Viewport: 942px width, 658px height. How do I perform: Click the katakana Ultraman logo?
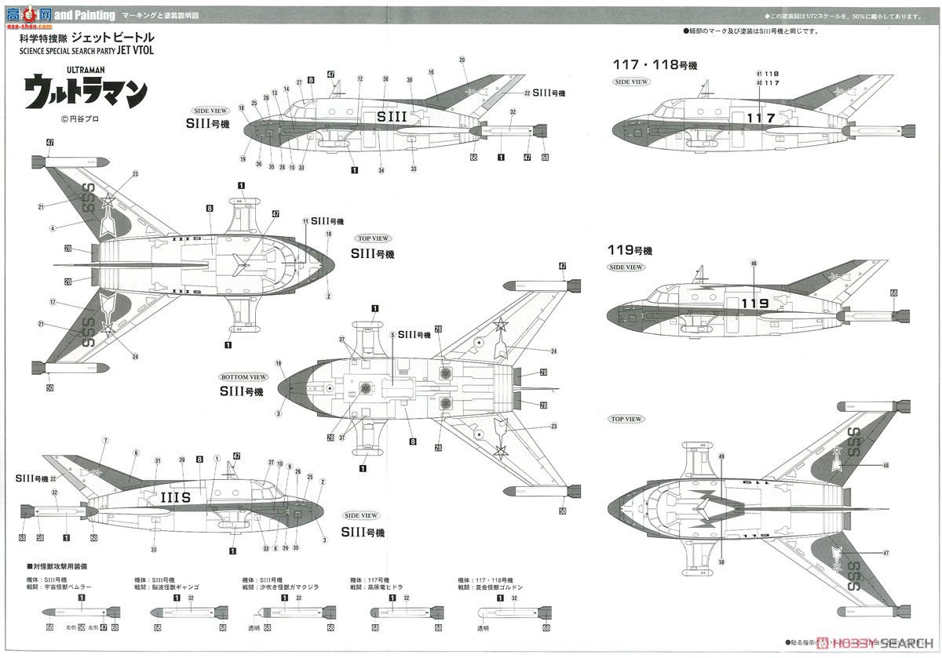click(86, 92)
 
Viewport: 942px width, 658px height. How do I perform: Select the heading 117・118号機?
click(652, 65)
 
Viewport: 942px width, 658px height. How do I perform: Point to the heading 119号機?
click(630, 251)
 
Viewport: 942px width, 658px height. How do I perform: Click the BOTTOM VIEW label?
click(244, 377)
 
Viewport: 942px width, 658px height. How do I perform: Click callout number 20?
click(462, 60)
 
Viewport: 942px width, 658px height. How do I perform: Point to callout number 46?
click(754, 263)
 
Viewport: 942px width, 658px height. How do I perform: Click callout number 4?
click(52, 228)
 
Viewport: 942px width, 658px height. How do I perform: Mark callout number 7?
click(105, 442)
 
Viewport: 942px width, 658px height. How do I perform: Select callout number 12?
click(360, 78)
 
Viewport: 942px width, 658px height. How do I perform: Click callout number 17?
click(52, 302)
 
